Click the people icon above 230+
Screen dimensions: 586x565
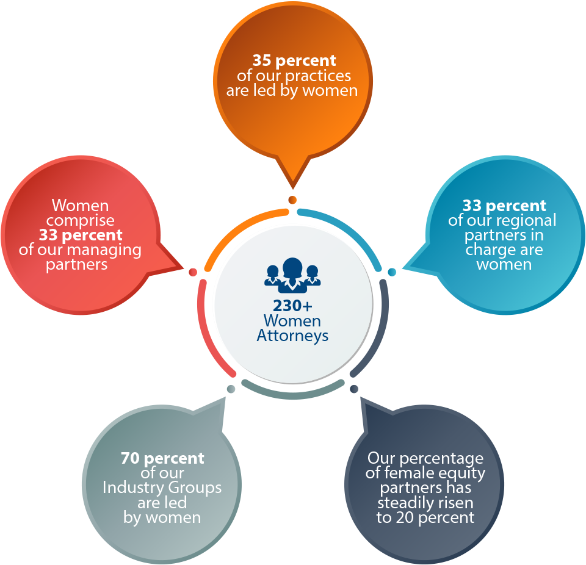click(292, 275)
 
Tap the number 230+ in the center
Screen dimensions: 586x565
click(292, 306)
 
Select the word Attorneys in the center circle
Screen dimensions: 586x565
click(292, 336)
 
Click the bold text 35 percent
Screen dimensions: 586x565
click(294, 60)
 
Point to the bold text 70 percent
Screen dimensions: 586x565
click(162, 458)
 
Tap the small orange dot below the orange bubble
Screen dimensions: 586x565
click(292, 200)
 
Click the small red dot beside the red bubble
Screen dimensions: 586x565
click(193, 272)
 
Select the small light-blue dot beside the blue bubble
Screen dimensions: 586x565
click(392, 272)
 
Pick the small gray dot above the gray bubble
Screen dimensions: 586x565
click(231, 389)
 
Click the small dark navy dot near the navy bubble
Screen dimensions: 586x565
click(354, 389)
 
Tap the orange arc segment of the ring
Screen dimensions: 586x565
click(239, 228)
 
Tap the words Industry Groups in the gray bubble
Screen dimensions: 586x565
click(162, 488)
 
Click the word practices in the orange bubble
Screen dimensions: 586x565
click(318, 76)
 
